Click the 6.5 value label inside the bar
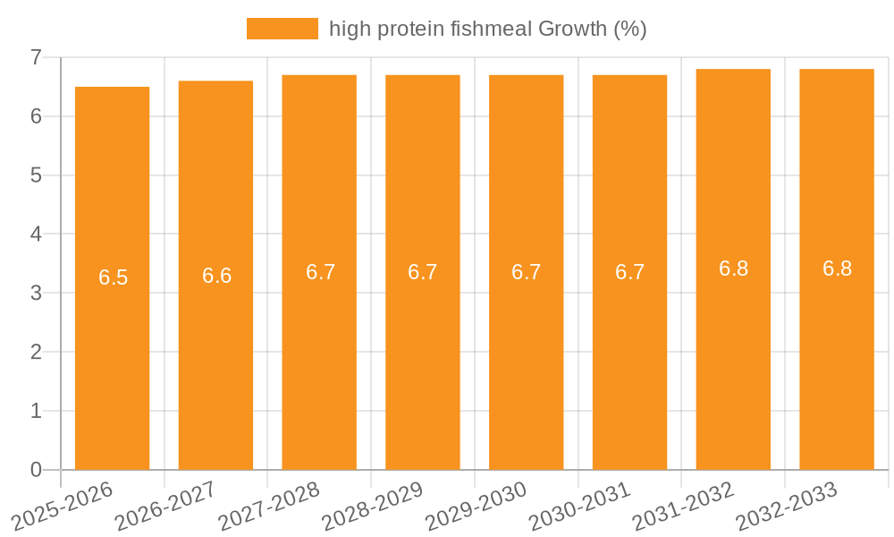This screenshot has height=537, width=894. [114, 277]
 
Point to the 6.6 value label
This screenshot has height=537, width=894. [217, 276]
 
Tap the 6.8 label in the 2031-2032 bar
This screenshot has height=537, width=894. [734, 268]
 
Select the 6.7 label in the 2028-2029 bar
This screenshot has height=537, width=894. [423, 272]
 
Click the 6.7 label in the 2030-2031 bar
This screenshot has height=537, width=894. [630, 272]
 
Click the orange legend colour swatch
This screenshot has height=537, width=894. [282, 29]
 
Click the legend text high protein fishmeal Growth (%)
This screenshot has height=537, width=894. [487, 29]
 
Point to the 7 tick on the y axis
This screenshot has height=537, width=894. [36, 57]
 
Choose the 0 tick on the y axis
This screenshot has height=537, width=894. [36, 470]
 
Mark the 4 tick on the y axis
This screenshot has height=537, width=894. [36, 234]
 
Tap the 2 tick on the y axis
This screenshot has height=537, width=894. [36, 352]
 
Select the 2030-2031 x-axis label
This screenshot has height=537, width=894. [580, 506]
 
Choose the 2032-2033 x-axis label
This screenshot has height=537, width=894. [788, 506]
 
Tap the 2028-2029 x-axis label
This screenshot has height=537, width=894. [373, 506]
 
